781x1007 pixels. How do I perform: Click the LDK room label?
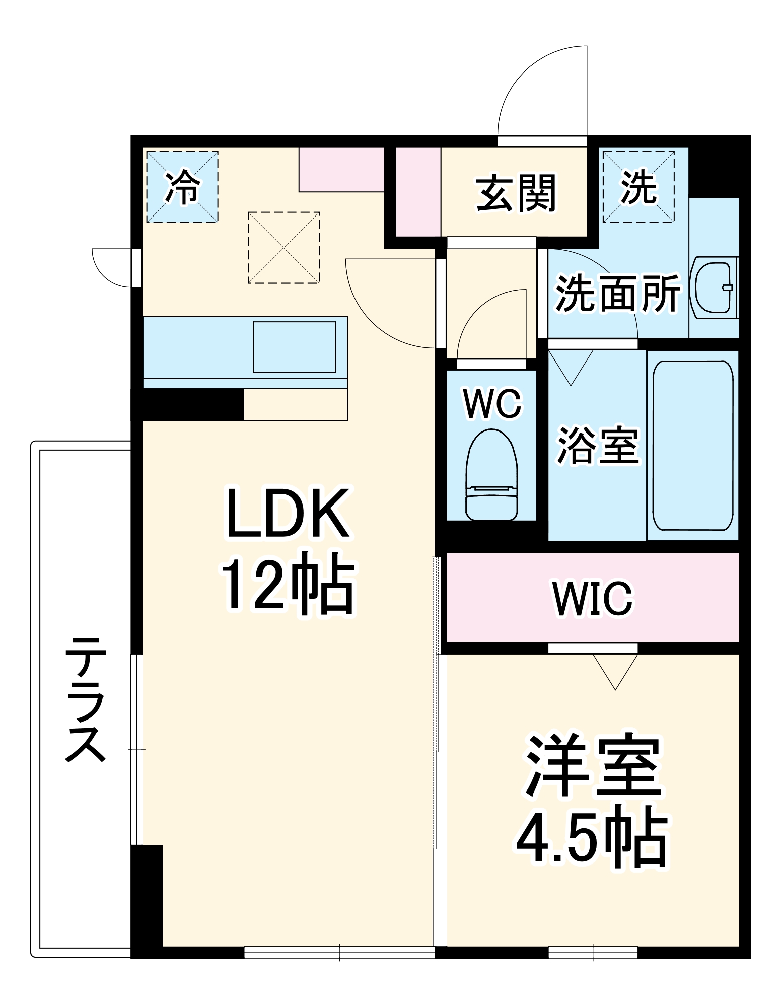(288, 513)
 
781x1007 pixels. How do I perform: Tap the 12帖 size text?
(288, 583)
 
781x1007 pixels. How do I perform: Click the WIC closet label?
(593, 598)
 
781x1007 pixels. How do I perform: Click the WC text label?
(492, 403)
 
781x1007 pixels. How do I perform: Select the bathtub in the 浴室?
(693, 445)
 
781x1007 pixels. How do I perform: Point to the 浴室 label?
(598, 445)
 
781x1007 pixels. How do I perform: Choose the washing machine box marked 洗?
(638, 187)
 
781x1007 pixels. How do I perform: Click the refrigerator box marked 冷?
(182, 187)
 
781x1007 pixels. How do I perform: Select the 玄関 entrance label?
(516, 193)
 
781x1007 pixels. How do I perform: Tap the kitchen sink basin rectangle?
(294, 347)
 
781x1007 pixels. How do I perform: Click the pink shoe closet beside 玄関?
(418, 191)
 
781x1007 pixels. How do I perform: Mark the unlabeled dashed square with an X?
(283, 248)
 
